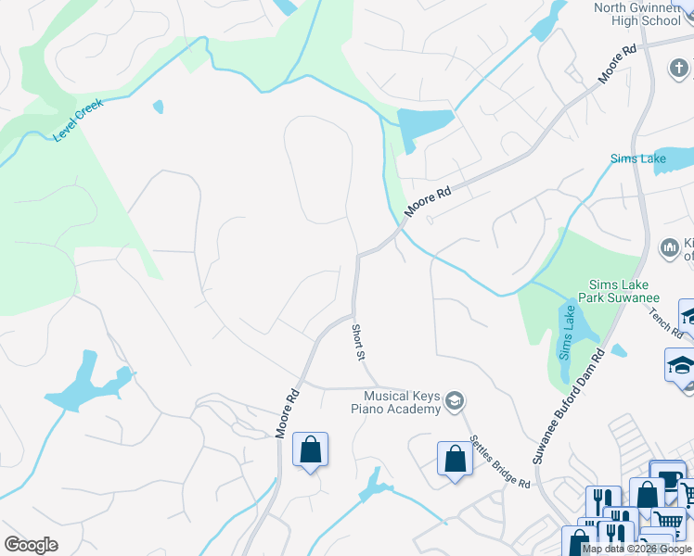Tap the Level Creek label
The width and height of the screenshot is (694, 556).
[78, 120]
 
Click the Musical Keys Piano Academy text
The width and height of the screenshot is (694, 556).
[394, 401]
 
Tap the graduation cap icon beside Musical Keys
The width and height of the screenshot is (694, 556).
[455, 401]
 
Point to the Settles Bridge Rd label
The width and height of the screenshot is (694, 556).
[498, 462]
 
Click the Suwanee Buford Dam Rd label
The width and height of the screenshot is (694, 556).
[567, 409]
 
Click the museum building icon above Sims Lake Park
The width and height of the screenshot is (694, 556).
[669, 248]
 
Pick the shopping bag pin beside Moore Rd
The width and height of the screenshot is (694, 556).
[310, 450]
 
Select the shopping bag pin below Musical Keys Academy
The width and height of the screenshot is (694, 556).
[454, 459]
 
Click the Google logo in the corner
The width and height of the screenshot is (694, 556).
[31, 545]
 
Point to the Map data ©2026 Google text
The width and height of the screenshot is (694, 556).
[636, 549]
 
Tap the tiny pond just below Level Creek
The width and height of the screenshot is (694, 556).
[158, 107]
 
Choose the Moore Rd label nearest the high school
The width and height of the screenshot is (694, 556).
[617, 64]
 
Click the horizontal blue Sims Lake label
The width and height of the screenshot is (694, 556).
[637, 158]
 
